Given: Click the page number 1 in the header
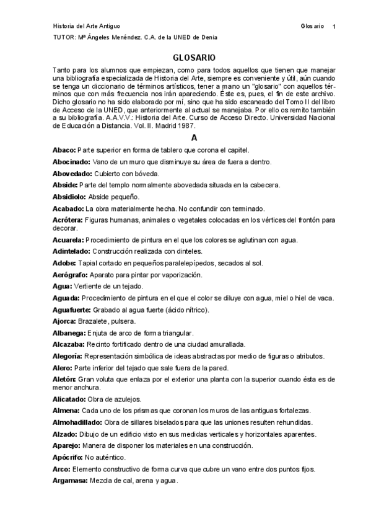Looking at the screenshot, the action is click(334, 27).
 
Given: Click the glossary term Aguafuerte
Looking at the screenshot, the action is click(72, 310).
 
